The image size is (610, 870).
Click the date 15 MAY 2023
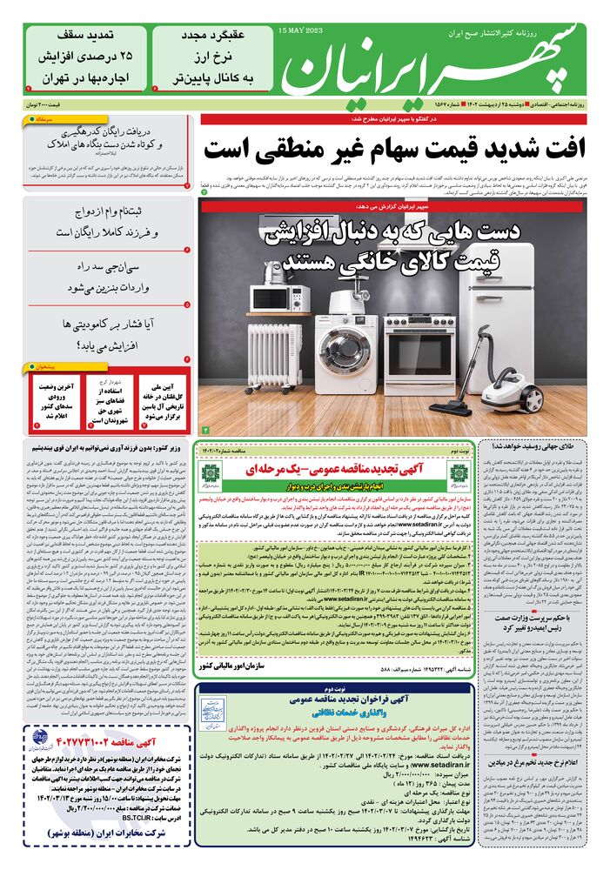click(x=299, y=30)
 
